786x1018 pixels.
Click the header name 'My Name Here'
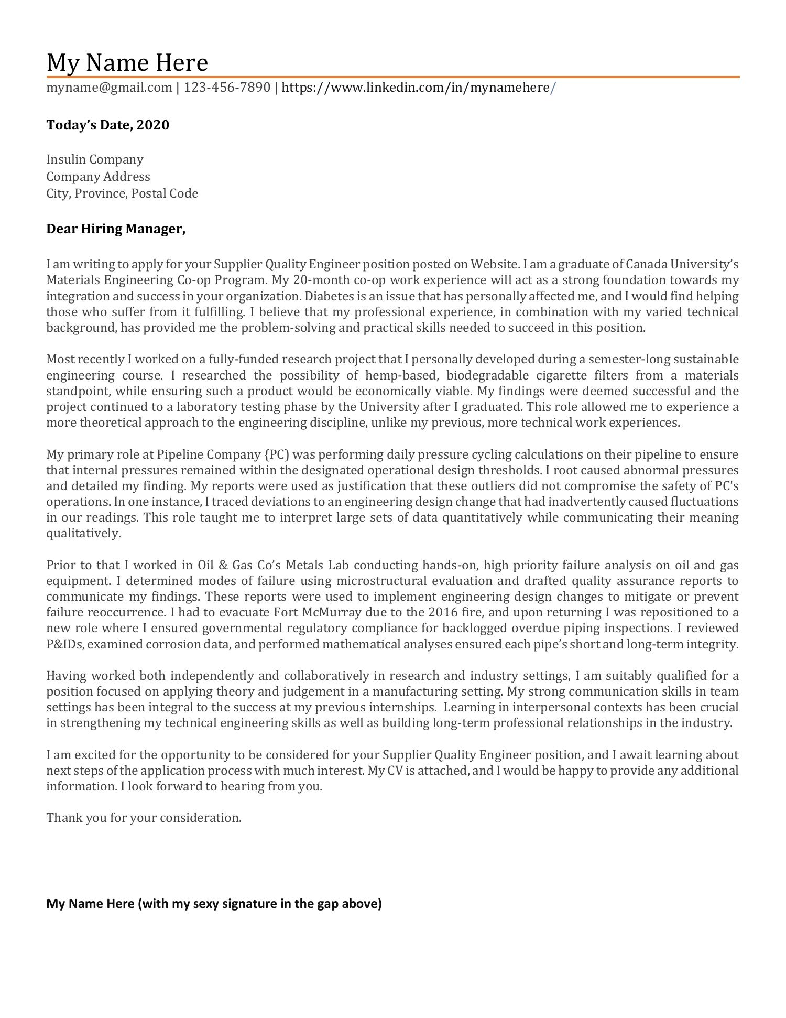[127, 62]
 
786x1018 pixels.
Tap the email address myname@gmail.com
[109, 88]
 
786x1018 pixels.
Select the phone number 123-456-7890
[227, 88]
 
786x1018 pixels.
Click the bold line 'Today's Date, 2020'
[107, 125]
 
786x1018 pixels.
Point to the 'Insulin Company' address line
[94, 159]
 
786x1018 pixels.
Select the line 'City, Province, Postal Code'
[122, 193]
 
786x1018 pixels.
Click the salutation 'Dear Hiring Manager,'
[116, 229]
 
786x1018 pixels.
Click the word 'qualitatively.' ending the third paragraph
[83, 534]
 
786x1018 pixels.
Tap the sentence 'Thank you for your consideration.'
[144, 818]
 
